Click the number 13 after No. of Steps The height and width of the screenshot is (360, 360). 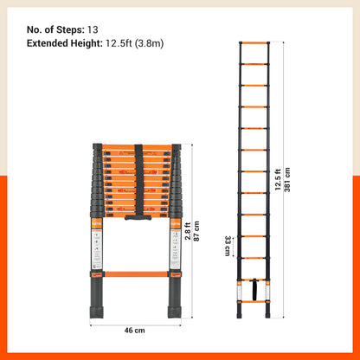point(92,27)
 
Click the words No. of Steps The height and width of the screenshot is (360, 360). point(54,27)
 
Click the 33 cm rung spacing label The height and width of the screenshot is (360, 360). point(228,246)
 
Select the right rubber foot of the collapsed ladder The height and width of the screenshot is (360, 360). point(174,304)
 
